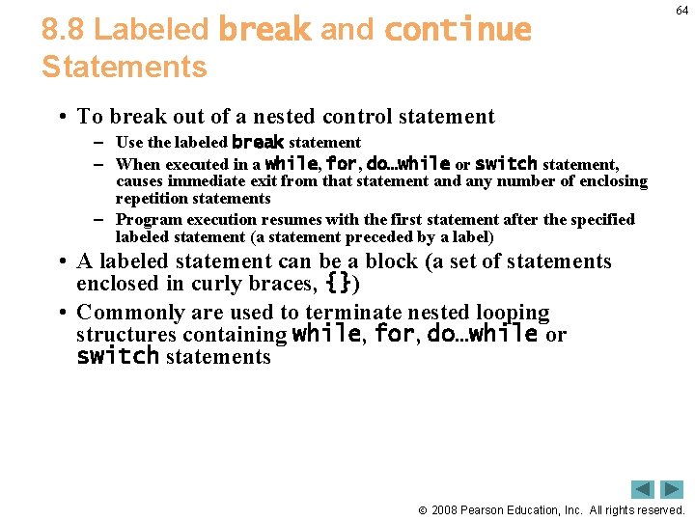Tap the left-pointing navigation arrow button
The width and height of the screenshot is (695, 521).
[643, 489]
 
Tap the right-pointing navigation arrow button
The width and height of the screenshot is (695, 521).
[672, 489]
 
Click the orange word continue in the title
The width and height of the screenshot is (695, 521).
[458, 30]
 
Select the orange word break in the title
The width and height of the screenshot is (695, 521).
[264, 30]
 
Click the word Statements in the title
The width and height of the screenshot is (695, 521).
[124, 68]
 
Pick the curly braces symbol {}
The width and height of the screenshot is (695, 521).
[338, 285]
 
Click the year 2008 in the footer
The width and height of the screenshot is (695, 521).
[444, 509]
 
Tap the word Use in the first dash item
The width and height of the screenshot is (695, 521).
[128, 143]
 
